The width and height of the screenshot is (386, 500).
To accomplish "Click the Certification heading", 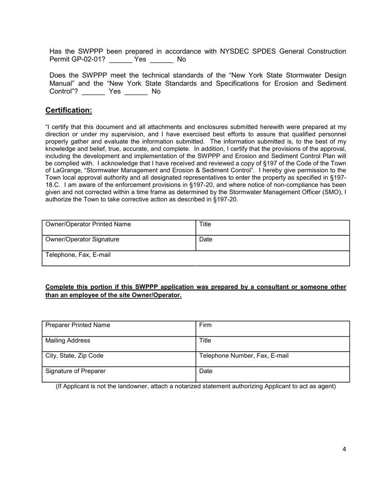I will pos(69,111).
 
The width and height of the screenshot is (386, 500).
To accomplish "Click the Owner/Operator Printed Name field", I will pos(119,228).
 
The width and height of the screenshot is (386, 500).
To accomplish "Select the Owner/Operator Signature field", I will pos(119,243).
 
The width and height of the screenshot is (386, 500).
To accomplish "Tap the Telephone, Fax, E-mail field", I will pos(119,259).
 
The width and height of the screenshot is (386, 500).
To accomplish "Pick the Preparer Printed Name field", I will pos(119,328).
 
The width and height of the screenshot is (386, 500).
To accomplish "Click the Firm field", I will pos(273,328).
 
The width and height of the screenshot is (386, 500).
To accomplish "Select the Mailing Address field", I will pos(119,344).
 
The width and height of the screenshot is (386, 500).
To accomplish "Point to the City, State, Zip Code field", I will pos(119,359).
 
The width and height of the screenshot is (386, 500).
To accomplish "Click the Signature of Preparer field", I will pos(119,374).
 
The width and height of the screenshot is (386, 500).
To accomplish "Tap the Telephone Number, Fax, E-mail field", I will pos(273,359).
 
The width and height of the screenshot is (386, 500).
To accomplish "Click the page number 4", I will pos(345,449).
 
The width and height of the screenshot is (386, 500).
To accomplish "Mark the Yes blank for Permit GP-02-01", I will pos(121,60).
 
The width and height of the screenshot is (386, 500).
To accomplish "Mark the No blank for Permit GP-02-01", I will pos(161,60).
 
